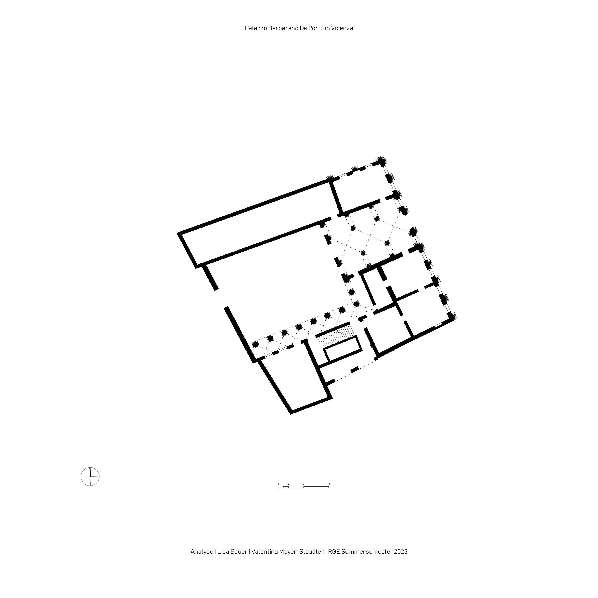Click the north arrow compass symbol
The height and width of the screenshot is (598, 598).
pos(90,476)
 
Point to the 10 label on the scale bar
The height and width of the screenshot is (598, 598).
pos(329,484)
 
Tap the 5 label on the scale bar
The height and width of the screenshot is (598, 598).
pos(303,484)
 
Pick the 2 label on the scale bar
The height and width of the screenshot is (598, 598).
pos(288,484)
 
